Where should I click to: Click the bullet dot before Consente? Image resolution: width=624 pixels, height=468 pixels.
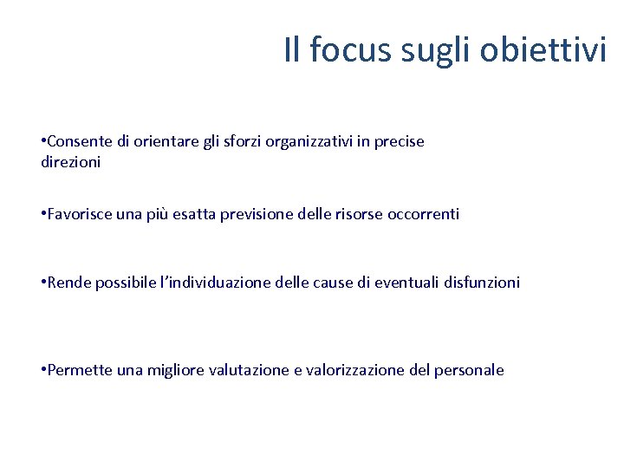(43, 141)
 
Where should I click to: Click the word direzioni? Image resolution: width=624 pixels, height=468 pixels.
(71, 162)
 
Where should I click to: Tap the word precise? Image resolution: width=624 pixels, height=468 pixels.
(400, 141)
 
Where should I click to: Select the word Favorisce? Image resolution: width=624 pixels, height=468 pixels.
(79, 213)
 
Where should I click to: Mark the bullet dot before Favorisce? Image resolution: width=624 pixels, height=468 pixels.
(43, 213)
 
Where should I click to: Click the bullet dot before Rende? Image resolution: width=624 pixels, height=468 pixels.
(43, 282)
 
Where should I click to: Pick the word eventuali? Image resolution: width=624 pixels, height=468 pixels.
(406, 282)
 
